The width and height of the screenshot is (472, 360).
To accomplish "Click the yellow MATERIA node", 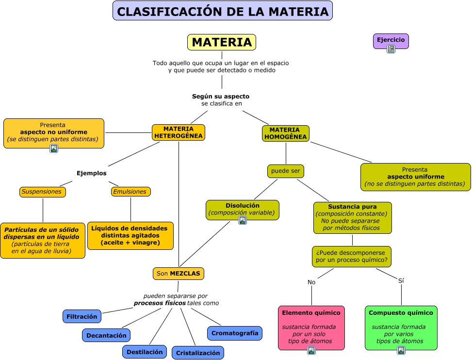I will [x=221, y=42].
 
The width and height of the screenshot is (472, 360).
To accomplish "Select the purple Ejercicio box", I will [x=391, y=39].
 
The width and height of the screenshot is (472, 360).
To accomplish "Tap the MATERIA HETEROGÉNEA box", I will [x=178, y=132].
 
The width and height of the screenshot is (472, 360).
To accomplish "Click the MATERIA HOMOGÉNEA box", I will [x=285, y=133].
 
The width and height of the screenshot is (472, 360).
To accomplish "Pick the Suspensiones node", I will [x=42, y=192].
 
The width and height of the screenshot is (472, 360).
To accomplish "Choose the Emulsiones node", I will [x=130, y=192].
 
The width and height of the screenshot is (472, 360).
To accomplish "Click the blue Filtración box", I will [x=82, y=316].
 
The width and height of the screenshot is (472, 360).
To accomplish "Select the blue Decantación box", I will [x=106, y=335].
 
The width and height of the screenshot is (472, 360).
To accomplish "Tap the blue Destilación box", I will [x=145, y=352].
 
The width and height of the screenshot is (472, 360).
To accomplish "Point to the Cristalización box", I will [x=198, y=353].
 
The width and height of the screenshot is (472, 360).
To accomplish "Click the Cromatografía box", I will [x=235, y=333].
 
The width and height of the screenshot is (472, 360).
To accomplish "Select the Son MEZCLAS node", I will [x=178, y=274].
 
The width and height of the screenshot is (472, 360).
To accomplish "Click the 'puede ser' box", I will [x=285, y=171].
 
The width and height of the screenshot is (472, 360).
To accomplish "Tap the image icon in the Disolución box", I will [x=243, y=220].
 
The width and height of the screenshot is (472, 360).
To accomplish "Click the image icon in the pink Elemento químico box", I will [x=311, y=350].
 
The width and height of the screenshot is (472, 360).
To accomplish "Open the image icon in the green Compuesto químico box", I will [x=401, y=350].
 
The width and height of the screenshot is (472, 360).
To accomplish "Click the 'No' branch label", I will [x=311, y=282].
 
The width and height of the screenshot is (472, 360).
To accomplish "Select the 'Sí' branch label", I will [x=401, y=280].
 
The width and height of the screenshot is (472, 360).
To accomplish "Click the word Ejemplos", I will [x=91, y=173].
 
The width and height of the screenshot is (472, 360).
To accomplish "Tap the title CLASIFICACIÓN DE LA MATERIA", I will [x=223, y=11].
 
